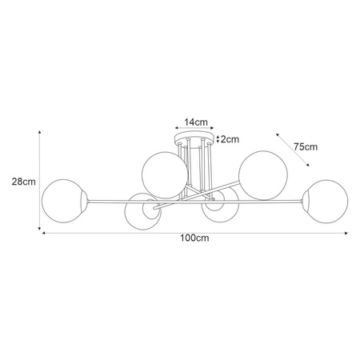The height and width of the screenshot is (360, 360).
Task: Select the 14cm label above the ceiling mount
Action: pyautogui.click(x=196, y=122)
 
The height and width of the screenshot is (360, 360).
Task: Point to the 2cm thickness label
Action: pyautogui.click(x=230, y=139)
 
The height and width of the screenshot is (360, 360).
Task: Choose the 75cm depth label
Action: pyautogui.click(x=306, y=146)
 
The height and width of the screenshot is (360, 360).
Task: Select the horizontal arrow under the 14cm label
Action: pyautogui.click(x=195, y=130)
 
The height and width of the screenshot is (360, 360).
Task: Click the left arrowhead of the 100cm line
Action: pyautogui.click(x=44, y=232)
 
